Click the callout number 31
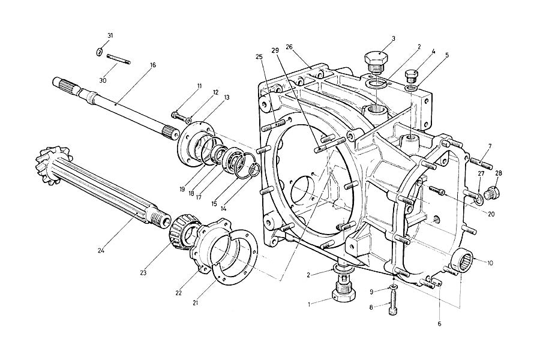pos(110,36)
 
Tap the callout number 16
pos(153,65)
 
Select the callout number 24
pos(101,250)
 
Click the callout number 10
pos(490,262)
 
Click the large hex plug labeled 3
pos(376,61)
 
